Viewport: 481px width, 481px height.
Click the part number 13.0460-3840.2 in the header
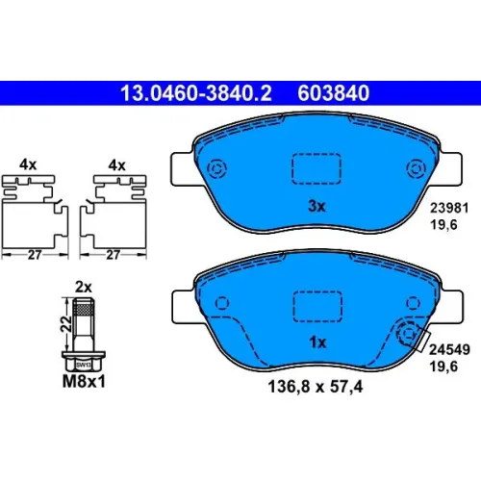pos(196,93)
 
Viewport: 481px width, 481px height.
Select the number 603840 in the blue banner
pos(334,93)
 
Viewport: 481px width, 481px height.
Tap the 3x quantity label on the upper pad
pos(316,206)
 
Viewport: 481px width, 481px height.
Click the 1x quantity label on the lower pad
pos(317,342)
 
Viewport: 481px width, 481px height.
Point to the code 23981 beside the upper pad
pos(449,208)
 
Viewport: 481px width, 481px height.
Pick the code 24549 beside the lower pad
pos(449,349)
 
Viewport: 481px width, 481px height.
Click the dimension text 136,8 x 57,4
pos(316,387)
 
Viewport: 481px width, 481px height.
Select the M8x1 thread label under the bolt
pos(84,382)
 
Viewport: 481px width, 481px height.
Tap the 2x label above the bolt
pos(84,287)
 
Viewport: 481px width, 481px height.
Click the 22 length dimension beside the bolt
pos(66,324)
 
